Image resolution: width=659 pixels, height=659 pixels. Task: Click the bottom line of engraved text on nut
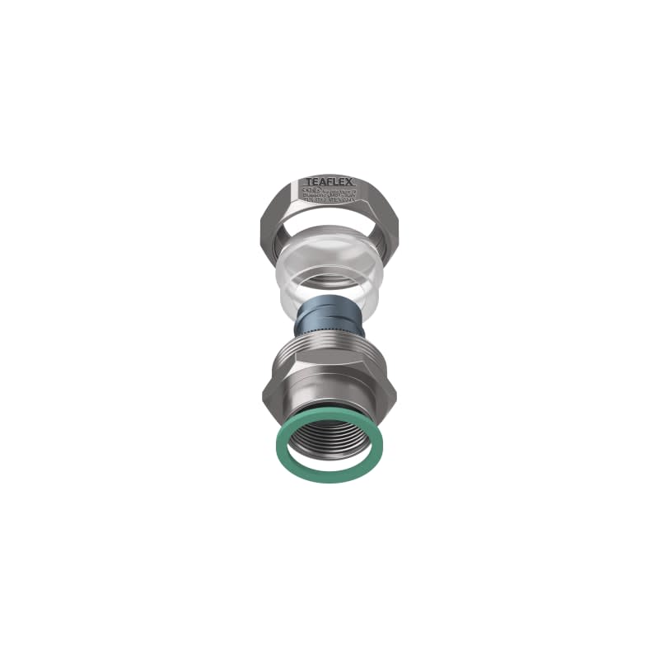(329, 199)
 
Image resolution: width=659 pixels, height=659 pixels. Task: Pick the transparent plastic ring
(329, 272)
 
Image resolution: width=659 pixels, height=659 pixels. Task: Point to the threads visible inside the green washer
(329, 437)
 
